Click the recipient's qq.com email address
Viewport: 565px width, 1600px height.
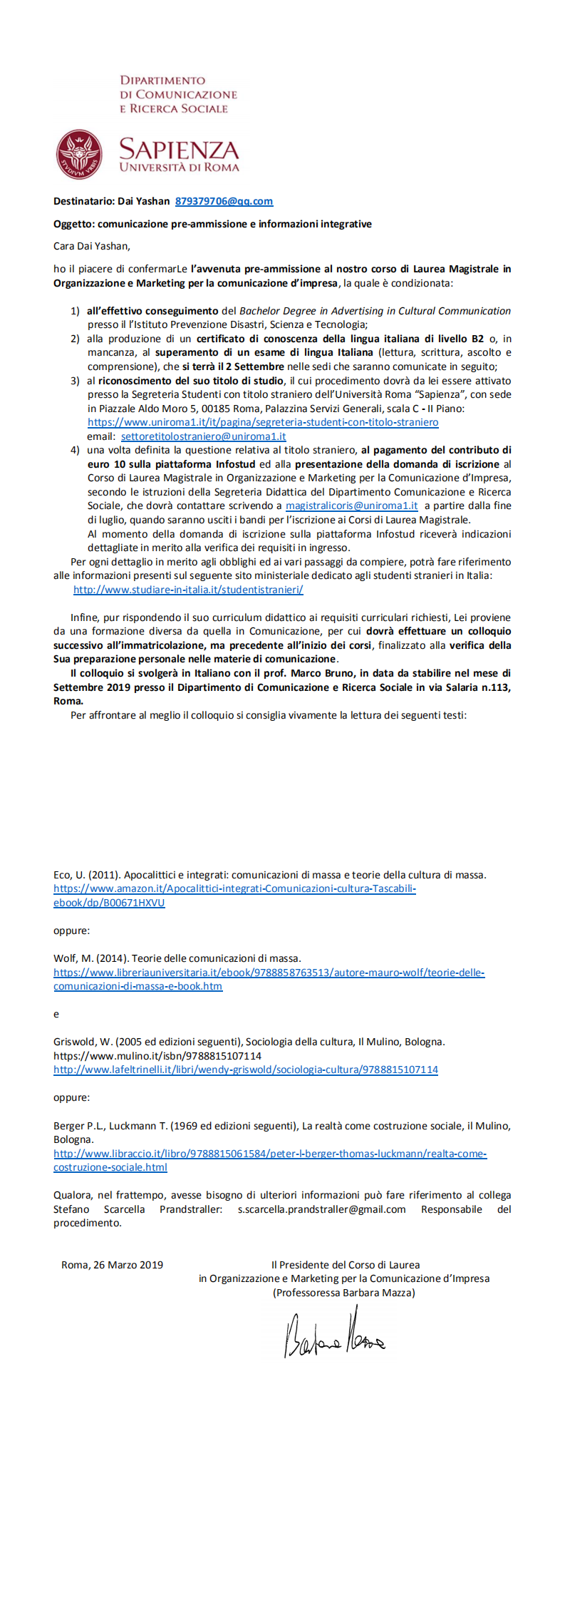coord(224,201)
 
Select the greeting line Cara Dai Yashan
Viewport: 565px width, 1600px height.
coord(92,246)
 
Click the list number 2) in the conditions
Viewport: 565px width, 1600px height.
coord(75,339)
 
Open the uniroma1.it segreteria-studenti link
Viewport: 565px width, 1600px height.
coord(263,422)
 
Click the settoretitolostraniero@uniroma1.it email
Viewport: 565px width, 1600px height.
coord(203,436)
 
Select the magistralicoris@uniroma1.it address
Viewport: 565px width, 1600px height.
coord(351,506)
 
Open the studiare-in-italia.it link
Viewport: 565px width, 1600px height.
coord(188,590)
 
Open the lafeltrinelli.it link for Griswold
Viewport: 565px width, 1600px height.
coord(245,1070)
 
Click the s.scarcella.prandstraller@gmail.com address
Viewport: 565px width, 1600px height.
coord(321,1209)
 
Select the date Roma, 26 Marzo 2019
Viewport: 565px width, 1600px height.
coord(112,1265)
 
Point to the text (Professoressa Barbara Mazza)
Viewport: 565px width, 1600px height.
coord(344,1293)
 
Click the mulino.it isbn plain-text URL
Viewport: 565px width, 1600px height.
coord(157,1056)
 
